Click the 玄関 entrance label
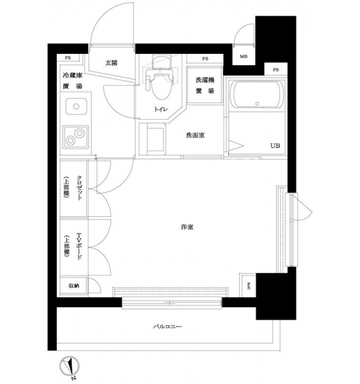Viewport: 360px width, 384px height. coord(111,63)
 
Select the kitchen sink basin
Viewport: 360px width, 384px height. coord(76,106)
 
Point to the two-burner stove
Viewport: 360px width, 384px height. coord(75,137)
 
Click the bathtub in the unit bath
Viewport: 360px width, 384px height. coord(256,95)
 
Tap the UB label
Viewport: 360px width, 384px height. coord(275,146)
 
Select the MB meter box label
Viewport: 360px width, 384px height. coord(244,56)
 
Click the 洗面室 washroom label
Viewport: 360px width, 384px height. coord(195,135)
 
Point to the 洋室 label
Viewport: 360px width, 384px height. coord(187,227)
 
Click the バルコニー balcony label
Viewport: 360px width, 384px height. coord(168,326)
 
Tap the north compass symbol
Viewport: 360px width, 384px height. coord(70,367)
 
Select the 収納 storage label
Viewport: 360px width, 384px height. coord(74,285)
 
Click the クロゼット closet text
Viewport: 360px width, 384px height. coord(79,188)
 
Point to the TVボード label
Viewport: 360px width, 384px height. coord(79,246)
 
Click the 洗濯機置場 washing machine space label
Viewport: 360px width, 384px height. coord(205,85)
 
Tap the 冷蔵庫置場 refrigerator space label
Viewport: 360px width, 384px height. coord(73,81)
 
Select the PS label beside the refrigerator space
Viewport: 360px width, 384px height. coord(68,58)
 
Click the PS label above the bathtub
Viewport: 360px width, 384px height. coord(276,70)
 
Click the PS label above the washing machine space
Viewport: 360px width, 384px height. coord(205,59)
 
